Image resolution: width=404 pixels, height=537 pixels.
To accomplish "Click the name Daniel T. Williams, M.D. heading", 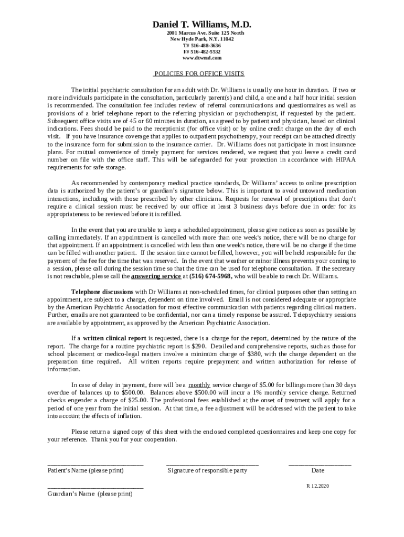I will coord(202,25).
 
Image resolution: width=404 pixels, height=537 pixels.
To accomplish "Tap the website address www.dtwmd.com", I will coord(202,58).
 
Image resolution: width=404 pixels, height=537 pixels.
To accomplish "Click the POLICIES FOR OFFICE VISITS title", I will coord(199,74).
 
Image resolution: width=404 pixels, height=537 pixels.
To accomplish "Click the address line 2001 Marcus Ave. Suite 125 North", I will coord(202,33).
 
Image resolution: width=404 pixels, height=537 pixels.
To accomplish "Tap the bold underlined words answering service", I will coord(156,276).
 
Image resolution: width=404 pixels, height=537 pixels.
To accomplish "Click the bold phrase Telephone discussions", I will coord(102,292).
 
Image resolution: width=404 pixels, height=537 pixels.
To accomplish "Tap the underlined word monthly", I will coord(199,385).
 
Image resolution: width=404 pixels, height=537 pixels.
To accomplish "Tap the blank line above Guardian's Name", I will coord(95,488).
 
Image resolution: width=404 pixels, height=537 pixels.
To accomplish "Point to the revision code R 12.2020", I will coord(317,486).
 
